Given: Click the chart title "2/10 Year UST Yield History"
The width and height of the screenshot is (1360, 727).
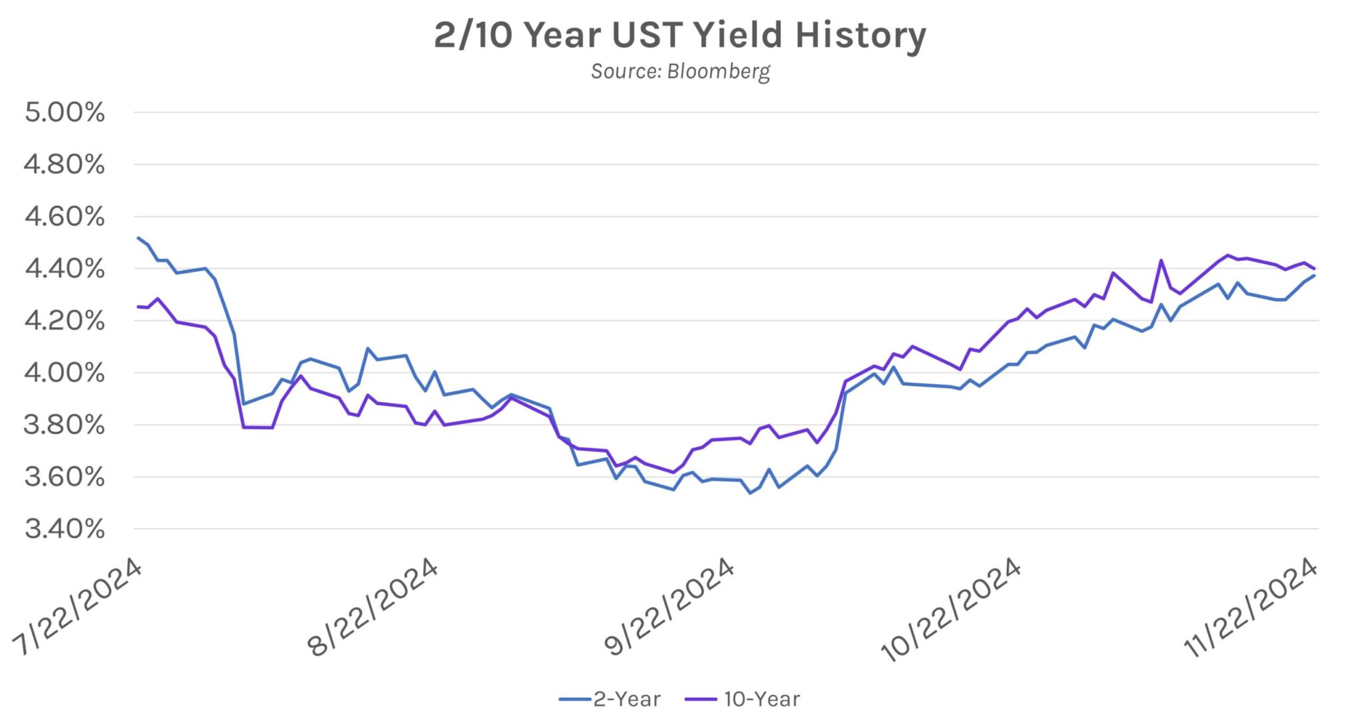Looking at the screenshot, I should click(x=679, y=35).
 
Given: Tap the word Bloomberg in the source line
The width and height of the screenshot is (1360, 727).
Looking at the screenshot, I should click(x=719, y=71).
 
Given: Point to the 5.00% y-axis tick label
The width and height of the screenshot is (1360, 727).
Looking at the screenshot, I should click(x=64, y=112).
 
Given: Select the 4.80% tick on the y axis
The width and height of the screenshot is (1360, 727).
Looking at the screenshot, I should click(x=64, y=164).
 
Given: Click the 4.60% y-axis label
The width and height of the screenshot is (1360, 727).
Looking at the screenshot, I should click(x=64, y=217).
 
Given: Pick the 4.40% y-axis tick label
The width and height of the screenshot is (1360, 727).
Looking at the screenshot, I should click(x=64, y=268).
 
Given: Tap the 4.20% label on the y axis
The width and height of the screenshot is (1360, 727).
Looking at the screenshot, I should click(x=64, y=321).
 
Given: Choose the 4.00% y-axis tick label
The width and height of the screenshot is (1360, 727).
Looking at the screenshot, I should click(x=64, y=373).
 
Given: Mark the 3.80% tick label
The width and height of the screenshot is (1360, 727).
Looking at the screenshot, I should click(x=64, y=425).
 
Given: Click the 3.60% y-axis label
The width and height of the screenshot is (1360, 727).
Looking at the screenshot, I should click(x=64, y=477).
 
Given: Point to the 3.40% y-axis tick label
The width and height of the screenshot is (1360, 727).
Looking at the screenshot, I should click(x=64, y=529).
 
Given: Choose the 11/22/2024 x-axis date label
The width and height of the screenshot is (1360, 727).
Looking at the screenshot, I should click(x=1251, y=608).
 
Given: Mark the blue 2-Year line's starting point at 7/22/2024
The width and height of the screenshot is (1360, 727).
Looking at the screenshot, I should click(x=138, y=237).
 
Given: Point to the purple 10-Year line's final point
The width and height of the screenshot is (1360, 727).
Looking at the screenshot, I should click(x=1314, y=268).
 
